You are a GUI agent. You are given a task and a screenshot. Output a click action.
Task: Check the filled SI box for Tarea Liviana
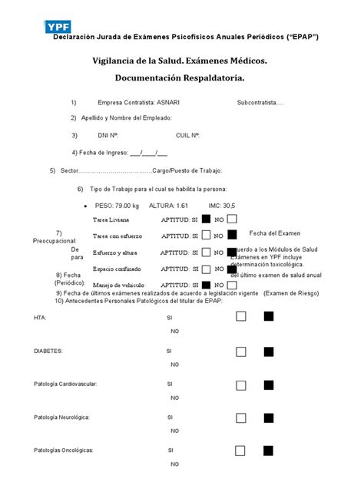click(206, 219)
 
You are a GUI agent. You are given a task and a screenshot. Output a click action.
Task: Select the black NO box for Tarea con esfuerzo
click(233, 235)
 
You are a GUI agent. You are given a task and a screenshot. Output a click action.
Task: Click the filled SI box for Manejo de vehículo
click(206, 285)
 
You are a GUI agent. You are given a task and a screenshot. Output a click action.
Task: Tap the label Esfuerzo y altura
click(115, 252)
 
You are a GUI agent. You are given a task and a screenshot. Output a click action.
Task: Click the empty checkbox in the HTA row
click(241, 316)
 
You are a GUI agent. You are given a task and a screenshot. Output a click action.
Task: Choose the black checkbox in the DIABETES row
click(268, 351)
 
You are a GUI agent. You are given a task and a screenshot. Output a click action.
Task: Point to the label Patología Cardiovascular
click(65, 384)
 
